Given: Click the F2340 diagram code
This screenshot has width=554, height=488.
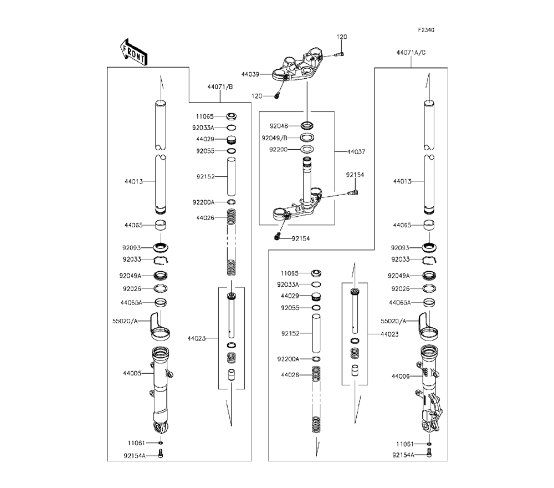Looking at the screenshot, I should click(425, 30).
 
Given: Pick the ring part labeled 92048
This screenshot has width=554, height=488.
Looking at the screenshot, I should click(308, 125).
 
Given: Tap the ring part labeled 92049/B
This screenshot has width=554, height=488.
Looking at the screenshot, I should click(308, 138).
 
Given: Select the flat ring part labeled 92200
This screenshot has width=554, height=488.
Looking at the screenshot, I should click(308, 149).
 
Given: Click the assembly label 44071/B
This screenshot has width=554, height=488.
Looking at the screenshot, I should click(220, 87).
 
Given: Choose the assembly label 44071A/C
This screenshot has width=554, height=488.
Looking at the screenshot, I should click(411, 53).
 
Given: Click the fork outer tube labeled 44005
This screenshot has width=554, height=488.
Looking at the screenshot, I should click(161, 388).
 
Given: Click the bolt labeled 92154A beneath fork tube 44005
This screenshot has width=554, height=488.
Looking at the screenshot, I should click(161, 455).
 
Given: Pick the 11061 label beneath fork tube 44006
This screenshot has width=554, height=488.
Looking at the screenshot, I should click(406, 444).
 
